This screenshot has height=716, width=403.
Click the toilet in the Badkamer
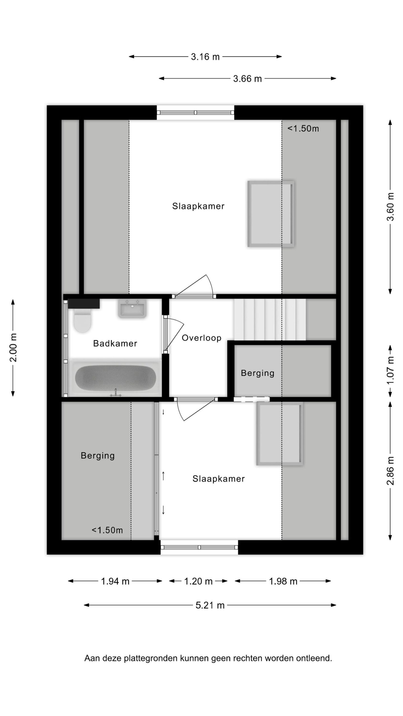(82, 320)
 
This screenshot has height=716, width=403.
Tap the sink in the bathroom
(132, 308)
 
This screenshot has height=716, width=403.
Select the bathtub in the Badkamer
(116, 378)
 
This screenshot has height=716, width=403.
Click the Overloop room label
(201, 338)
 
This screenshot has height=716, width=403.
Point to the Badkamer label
(115, 343)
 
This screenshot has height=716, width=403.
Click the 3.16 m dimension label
(205, 57)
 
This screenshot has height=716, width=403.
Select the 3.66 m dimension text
(247, 79)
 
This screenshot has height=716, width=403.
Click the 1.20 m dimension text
(198, 581)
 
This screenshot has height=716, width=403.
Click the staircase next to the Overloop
(270, 319)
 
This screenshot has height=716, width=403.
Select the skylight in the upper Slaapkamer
(271, 214)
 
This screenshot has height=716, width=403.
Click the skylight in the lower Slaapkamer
(280, 434)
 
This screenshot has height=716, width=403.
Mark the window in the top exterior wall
(195, 112)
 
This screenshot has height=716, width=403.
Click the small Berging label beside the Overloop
(257, 373)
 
